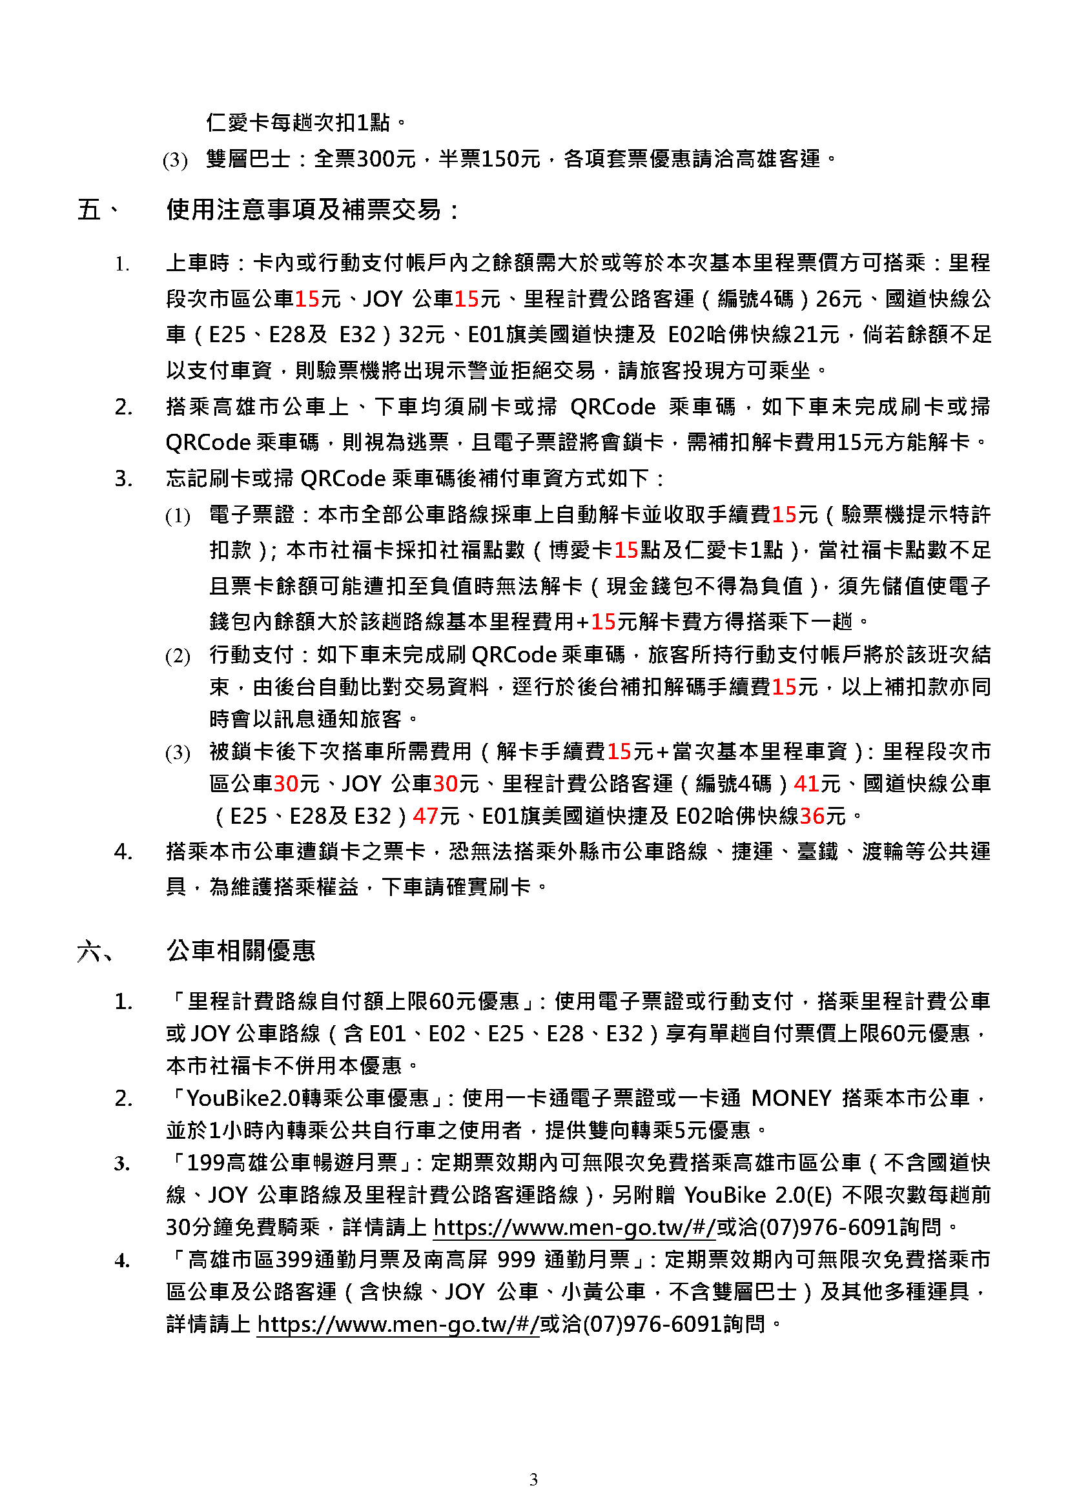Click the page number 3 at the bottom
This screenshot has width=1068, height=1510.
click(x=533, y=1479)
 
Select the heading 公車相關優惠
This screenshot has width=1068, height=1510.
click(x=241, y=951)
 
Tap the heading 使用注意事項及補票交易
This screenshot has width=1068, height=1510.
click(x=304, y=210)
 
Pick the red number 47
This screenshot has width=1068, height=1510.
click(x=426, y=816)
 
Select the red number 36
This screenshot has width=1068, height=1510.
click(x=812, y=816)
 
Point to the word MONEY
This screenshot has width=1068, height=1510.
click(x=792, y=1098)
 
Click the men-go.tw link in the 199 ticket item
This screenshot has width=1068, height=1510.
click(x=574, y=1227)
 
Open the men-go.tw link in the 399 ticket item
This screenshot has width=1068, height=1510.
click(x=398, y=1324)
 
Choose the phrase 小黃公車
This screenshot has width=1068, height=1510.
click(x=603, y=1292)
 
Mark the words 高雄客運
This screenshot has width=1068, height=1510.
click(x=779, y=159)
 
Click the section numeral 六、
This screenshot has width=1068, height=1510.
click(x=96, y=951)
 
